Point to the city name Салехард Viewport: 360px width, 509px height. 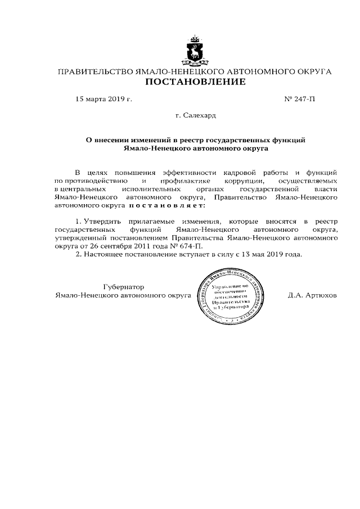(x=199, y=115)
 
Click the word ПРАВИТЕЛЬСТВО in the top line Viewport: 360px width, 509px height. (x=93, y=71)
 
